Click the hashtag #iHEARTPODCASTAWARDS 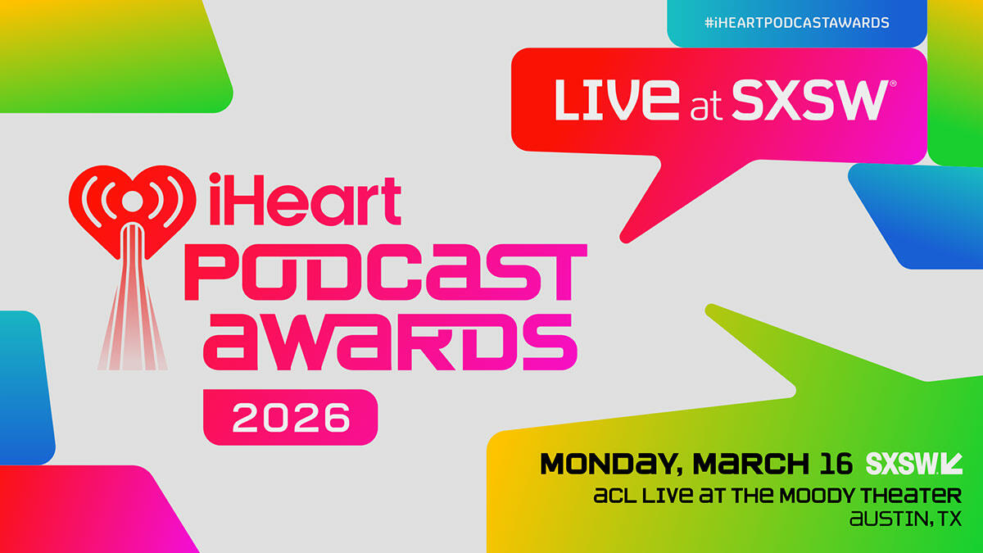pos(796,23)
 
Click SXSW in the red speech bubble pos(808,100)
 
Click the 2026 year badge pos(290,417)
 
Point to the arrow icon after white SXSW pos(952,464)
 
